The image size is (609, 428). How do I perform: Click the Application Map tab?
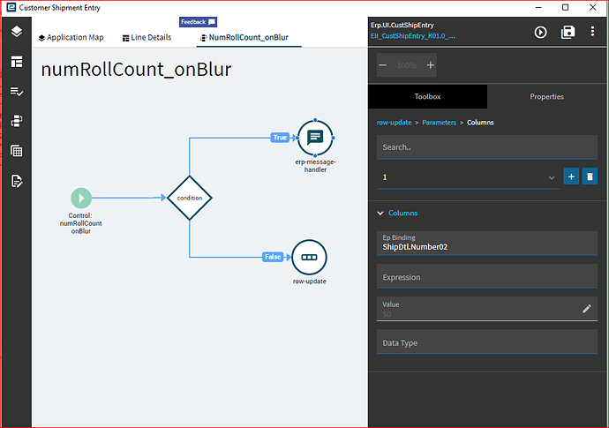tap(71, 38)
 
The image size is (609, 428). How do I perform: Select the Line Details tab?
tap(146, 38)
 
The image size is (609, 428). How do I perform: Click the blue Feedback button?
tap(198, 22)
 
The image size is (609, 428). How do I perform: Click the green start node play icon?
tap(81, 198)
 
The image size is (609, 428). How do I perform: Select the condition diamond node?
tap(190, 198)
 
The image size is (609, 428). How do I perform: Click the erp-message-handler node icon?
tap(315, 137)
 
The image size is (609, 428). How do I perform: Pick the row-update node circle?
tap(309, 257)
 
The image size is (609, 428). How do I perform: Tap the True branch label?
tap(280, 138)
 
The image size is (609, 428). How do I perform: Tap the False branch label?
tap(273, 257)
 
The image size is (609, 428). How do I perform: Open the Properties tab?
tap(546, 96)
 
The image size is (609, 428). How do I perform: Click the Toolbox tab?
tap(427, 96)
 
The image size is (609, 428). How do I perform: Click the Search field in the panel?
tap(487, 147)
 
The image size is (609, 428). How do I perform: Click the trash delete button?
tap(590, 177)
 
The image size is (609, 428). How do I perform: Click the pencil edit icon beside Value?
tap(587, 308)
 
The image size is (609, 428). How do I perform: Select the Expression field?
tap(487, 277)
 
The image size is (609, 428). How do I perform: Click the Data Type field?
tap(487, 342)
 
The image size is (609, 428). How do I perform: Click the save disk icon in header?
tap(568, 32)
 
